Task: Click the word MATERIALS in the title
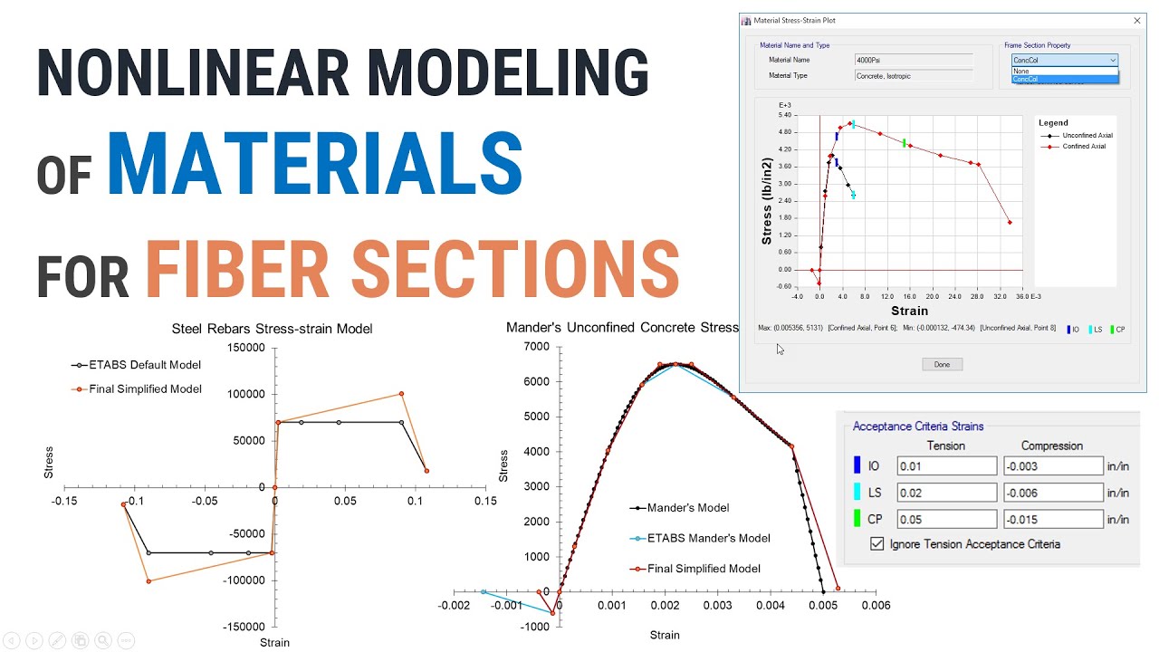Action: [314, 165]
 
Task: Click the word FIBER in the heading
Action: [239, 268]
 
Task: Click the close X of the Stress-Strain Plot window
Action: [1136, 20]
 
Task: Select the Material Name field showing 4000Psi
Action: [913, 60]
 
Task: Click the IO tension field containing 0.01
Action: [946, 466]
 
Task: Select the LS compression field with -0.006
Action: [1052, 494]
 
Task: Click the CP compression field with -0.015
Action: [1052, 520]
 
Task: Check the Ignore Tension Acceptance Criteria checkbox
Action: [876, 544]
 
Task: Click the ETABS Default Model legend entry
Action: [144, 365]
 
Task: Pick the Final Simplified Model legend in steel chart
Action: [144, 389]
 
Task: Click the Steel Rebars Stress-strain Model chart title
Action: [272, 329]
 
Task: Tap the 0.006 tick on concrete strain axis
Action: [875, 605]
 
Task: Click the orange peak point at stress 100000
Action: [401, 394]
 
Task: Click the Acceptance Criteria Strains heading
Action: [917, 427]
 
